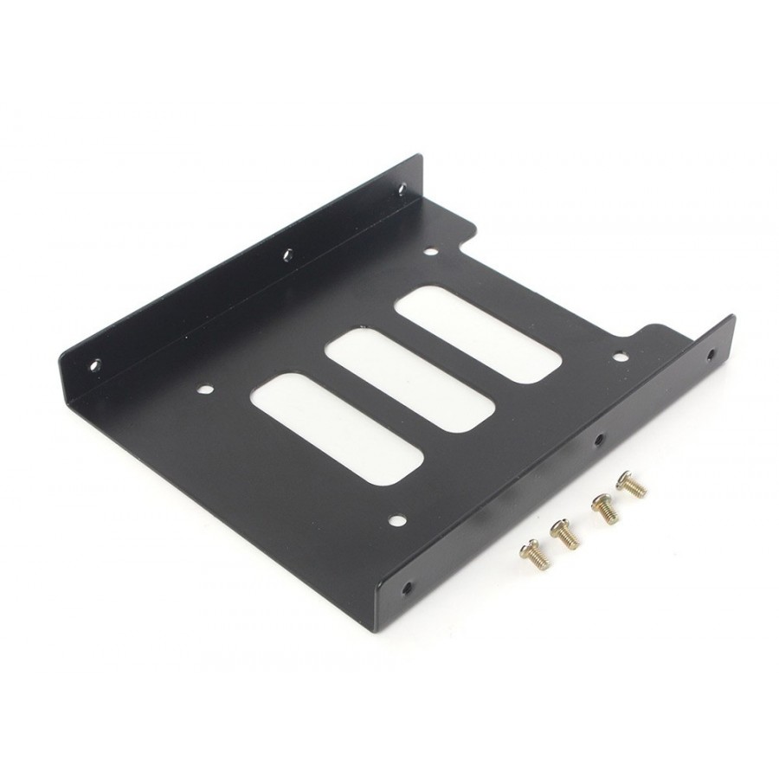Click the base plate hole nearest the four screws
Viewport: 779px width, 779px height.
(397, 520)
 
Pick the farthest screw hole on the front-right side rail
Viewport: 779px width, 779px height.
(711, 353)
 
